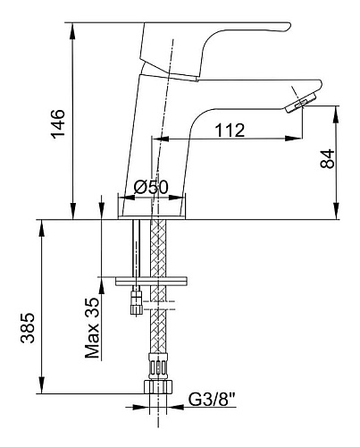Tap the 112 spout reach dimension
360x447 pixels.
coord(230,131)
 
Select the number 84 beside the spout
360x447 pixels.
coord(328,159)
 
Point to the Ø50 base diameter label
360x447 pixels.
coord(151,187)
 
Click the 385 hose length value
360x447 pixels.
coord(28,328)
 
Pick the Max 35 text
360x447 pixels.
coord(92,328)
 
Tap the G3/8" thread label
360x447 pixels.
coord(213,400)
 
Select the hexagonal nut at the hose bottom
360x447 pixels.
coord(158,387)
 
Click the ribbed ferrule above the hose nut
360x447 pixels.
coord(158,366)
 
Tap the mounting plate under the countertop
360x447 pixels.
coord(151,281)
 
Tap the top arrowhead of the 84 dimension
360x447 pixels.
coord(336,114)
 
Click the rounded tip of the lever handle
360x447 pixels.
coord(288,27)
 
